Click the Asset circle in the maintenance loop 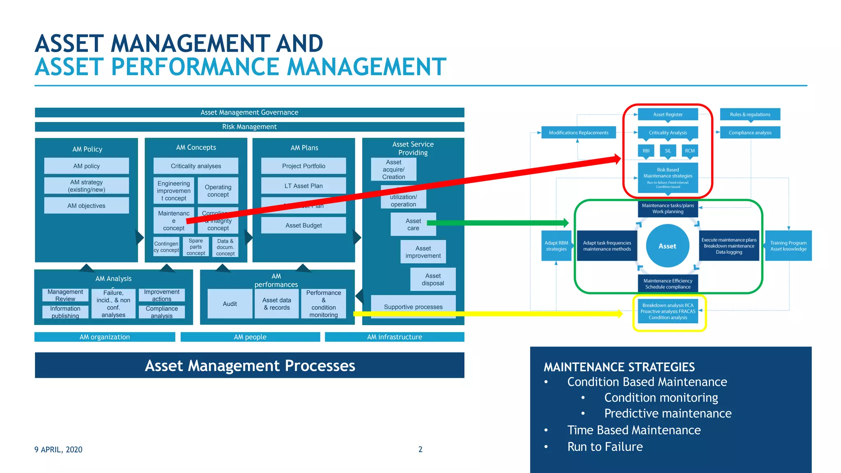(x=667, y=246)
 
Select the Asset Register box (x=668, y=115)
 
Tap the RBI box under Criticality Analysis (x=646, y=151)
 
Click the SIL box (x=668, y=151)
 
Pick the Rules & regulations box (x=750, y=115)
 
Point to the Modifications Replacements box (x=579, y=133)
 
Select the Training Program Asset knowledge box (x=788, y=246)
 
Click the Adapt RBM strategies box (x=556, y=246)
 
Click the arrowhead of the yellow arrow (x=620, y=314)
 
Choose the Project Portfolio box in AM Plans (x=303, y=166)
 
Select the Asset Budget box (x=303, y=225)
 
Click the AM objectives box (x=86, y=206)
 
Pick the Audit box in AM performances (x=230, y=304)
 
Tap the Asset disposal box (x=433, y=280)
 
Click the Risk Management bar (x=249, y=127)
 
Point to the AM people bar (x=250, y=337)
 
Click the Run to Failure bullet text (x=605, y=447)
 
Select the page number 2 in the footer (x=420, y=450)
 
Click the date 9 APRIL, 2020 (x=58, y=450)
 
